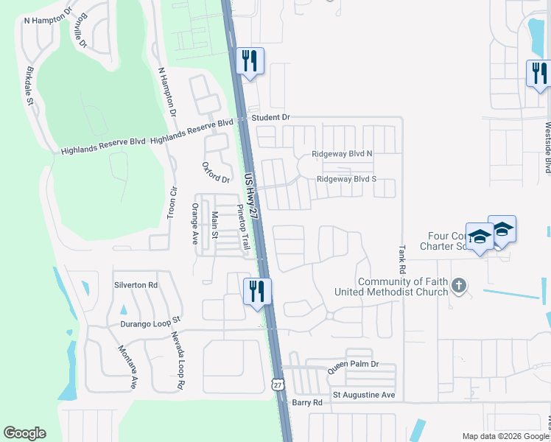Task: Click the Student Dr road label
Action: pyautogui.click(x=271, y=117)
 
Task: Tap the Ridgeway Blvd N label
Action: pyautogui.click(x=343, y=154)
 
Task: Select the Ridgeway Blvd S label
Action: pyautogui.click(x=346, y=179)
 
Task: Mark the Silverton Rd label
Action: pyautogui.click(x=136, y=284)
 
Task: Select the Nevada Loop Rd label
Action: pyautogui.click(x=178, y=360)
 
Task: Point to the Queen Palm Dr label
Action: pyautogui.click(x=353, y=365)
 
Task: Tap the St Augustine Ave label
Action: pyautogui.click(x=364, y=396)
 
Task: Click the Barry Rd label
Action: pyautogui.click(x=307, y=403)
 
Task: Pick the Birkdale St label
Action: pyautogui.click(x=30, y=85)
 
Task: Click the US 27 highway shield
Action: pyautogui.click(x=277, y=384)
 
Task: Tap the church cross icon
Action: pyautogui.click(x=459, y=285)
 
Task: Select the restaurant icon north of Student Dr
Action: pyautogui.click(x=250, y=60)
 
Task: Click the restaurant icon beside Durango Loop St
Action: pyautogui.click(x=258, y=290)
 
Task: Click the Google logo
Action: pyautogui.click(x=25, y=433)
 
